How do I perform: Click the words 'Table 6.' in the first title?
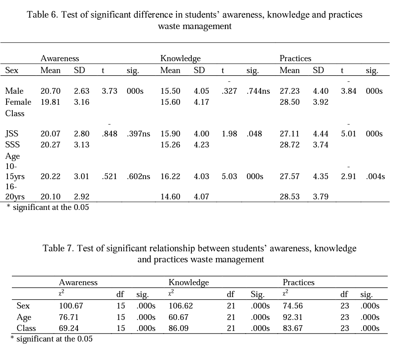(x=42, y=15)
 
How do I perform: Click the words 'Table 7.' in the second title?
(x=59, y=248)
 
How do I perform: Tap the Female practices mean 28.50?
(x=290, y=102)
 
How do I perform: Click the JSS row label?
(x=12, y=134)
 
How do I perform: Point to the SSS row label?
(x=12, y=145)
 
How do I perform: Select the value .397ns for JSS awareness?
(x=138, y=134)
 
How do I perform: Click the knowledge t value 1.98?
(x=229, y=134)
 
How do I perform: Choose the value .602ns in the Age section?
(x=138, y=176)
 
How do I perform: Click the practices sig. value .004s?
(x=375, y=176)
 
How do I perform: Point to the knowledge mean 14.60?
(x=170, y=197)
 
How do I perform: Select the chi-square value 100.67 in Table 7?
(x=71, y=306)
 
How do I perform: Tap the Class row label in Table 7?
(x=26, y=328)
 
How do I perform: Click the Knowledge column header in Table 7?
(x=188, y=283)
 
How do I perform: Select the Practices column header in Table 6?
(x=295, y=58)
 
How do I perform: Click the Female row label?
(x=18, y=102)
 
